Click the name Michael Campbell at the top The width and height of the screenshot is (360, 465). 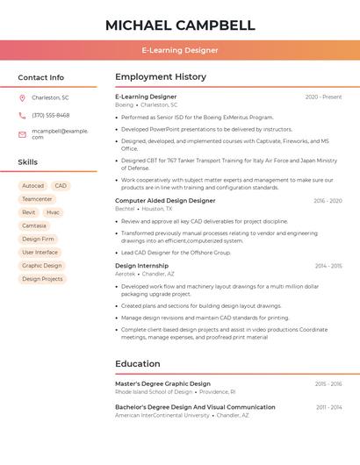180,25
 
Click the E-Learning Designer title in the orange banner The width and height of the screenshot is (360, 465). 180,51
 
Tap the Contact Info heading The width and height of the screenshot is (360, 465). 41,77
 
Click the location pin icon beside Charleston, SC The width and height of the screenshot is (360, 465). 23,97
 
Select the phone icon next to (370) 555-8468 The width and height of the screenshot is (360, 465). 23,115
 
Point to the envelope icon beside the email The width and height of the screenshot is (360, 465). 23,133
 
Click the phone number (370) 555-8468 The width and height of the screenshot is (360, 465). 51,115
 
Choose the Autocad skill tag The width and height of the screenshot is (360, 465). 32,186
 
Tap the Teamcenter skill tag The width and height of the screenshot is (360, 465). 37,199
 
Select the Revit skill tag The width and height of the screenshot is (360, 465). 29,212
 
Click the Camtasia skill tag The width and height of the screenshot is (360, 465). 34,225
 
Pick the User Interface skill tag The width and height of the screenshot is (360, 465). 40,252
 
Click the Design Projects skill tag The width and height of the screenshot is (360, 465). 42,279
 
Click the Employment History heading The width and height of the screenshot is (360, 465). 161,77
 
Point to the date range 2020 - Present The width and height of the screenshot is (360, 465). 323,97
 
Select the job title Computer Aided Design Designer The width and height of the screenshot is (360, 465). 165,201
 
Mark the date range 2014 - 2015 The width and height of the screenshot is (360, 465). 328,265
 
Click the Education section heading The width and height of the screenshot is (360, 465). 138,364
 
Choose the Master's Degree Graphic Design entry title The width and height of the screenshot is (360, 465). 162,383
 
